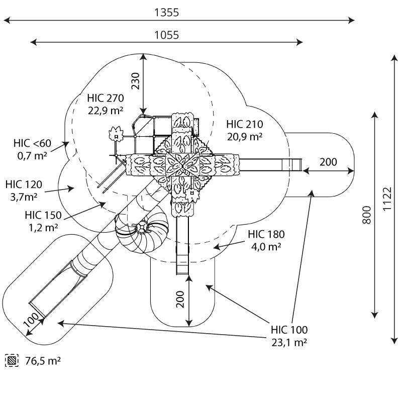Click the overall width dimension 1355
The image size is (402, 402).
[x=166, y=13]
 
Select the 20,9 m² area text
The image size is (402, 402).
[x=245, y=136]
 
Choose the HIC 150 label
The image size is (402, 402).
[x=43, y=216]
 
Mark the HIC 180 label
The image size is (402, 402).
[x=266, y=234]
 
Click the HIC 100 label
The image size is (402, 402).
[x=289, y=330]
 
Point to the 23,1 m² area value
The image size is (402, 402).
[x=289, y=343]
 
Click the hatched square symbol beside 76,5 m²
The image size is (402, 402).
[x=11, y=360]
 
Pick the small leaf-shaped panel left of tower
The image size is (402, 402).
[x=116, y=133]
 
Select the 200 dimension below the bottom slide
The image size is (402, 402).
[x=180, y=300]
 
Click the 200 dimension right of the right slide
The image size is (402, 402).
[x=328, y=162]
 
